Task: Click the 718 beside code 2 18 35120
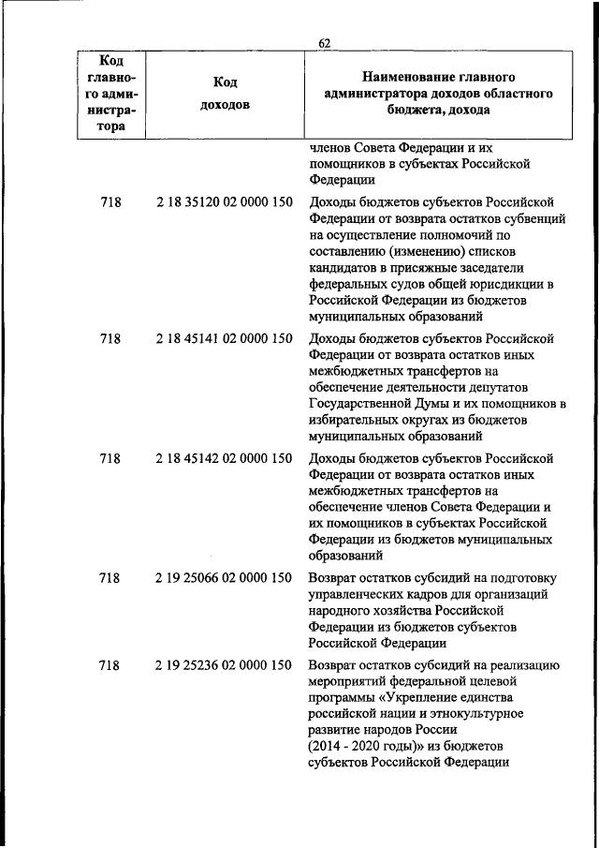(x=110, y=201)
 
